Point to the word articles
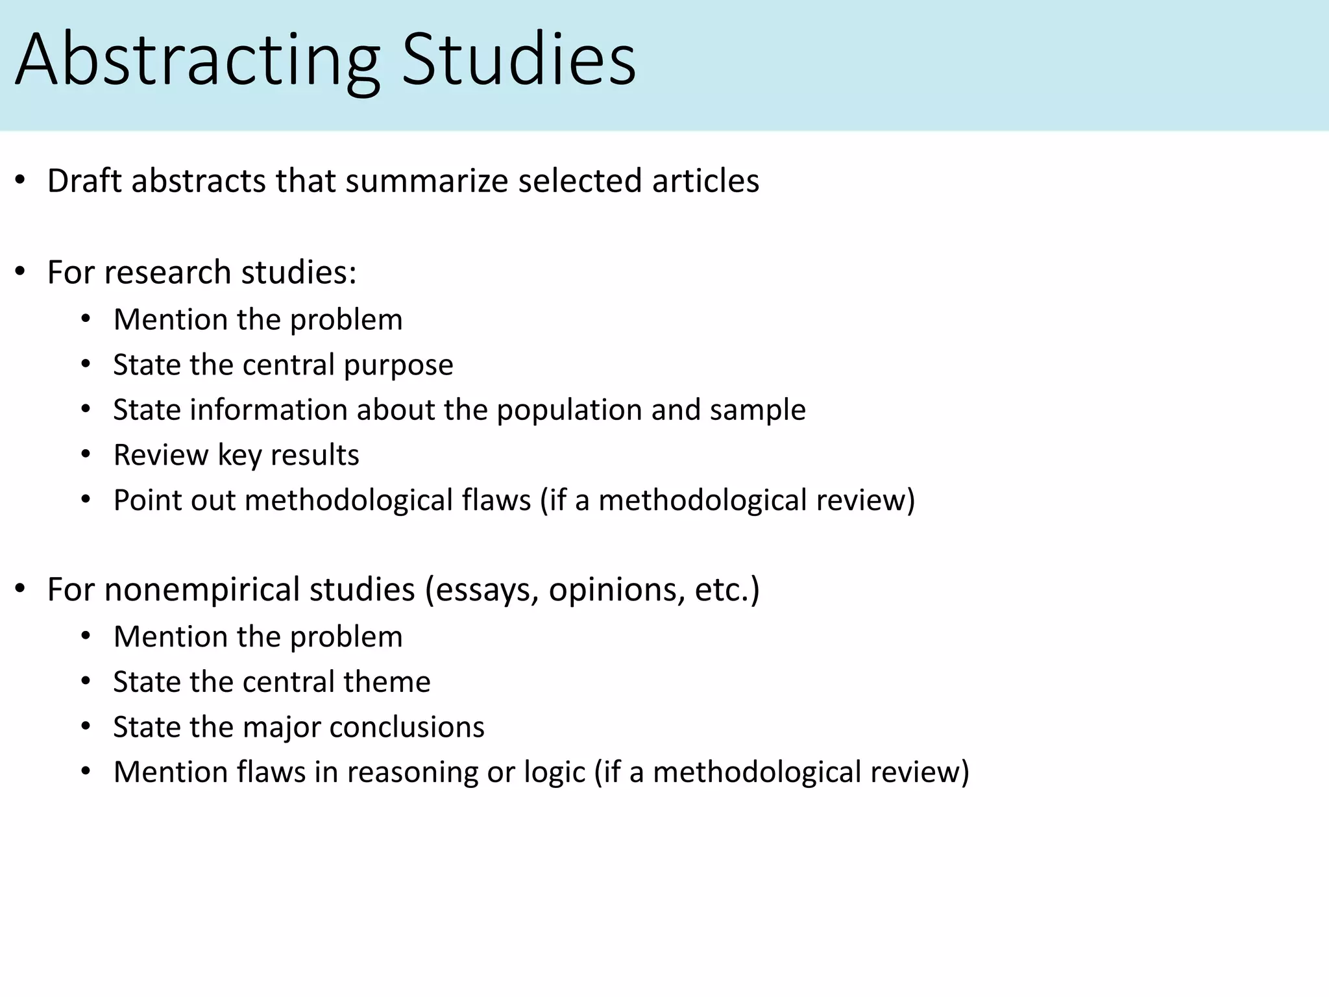(x=705, y=180)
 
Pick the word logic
(x=554, y=772)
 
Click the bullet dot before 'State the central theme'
(x=86, y=682)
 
